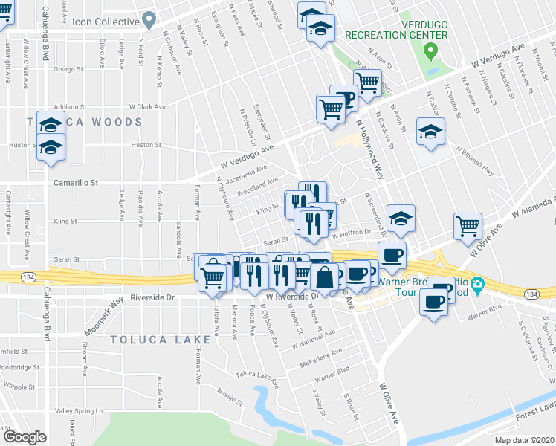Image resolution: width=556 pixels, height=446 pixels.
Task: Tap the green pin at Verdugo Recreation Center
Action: (x=430, y=52)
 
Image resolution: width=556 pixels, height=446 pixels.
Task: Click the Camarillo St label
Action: (x=76, y=181)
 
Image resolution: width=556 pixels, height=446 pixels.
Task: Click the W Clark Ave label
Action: (x=146, y=107)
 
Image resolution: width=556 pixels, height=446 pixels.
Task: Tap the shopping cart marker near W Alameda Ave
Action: (x=468, y=225)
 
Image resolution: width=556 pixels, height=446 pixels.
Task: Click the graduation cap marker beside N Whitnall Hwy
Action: (x=430, y=132)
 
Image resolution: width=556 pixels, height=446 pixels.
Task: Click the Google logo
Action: (x=25, y=437)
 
